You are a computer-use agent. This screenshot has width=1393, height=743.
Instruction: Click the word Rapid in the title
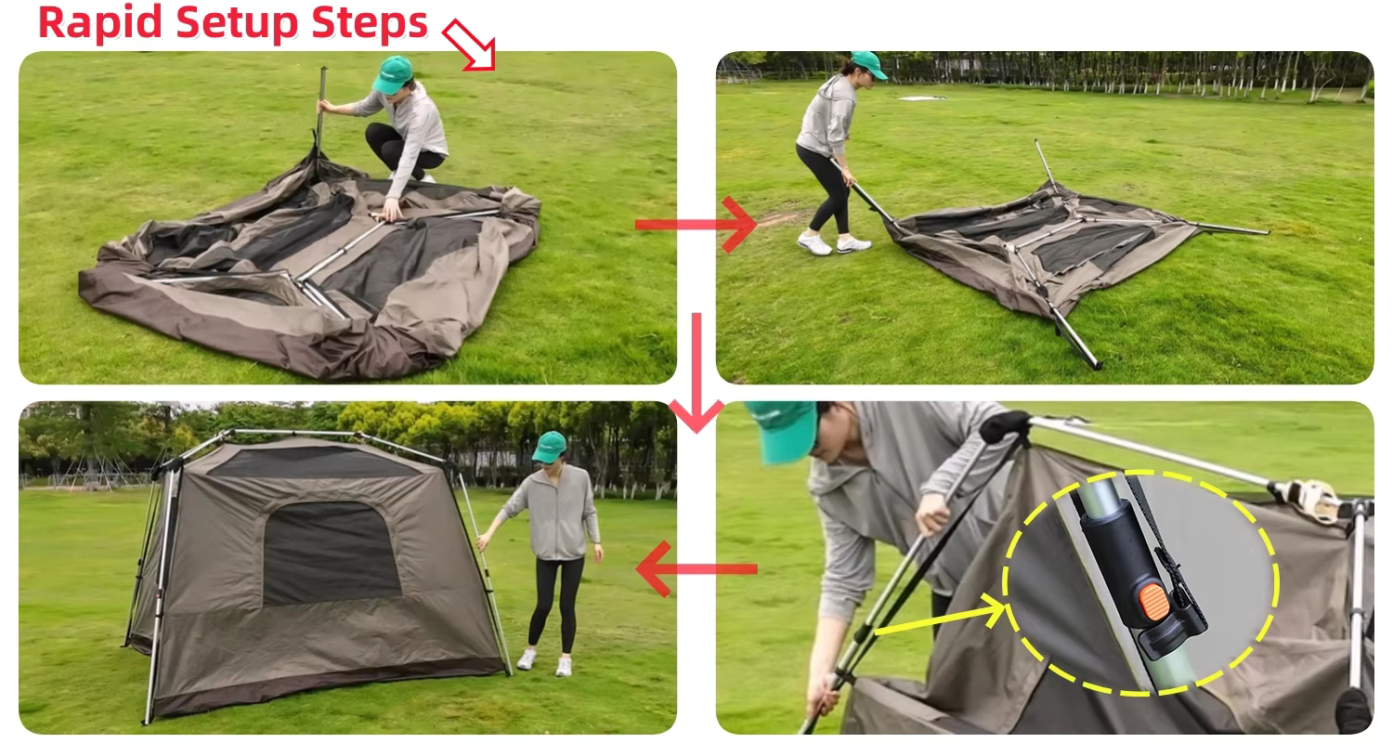coord(91,22)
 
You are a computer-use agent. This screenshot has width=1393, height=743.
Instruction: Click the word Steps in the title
coord(376,22)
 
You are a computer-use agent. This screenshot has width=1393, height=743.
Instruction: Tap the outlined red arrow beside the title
coord(469,46)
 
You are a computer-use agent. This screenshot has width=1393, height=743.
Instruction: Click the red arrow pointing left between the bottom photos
coord(696,568)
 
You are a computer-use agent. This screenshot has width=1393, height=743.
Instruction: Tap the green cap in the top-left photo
coord(392,74)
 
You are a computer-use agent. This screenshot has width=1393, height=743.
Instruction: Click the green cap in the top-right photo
coord(868,63)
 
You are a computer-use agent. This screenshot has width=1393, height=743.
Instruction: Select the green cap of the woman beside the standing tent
coord(549,446)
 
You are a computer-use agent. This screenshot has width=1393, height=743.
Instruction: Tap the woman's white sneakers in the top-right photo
coord(834,244)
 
